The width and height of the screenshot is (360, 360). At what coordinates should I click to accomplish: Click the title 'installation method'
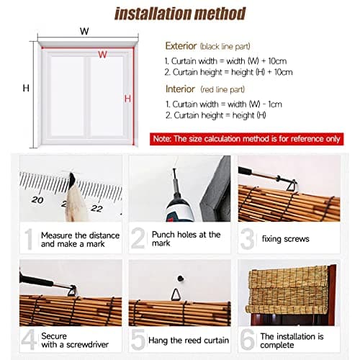180,13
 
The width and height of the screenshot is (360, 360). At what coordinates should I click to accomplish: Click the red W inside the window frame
103,54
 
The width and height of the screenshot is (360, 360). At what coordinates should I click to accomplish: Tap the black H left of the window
26,89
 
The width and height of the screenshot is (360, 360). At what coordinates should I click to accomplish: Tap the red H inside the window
127,99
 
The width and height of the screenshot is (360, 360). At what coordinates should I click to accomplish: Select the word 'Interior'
181,89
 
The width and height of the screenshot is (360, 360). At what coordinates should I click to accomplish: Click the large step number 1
29,240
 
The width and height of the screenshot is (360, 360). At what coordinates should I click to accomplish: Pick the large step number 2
139,240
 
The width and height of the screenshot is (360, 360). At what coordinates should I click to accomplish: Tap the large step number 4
29,338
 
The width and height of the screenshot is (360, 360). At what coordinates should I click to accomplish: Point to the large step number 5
138,339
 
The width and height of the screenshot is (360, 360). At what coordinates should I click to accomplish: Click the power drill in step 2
176,204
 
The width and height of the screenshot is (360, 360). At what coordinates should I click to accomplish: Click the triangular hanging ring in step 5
177,293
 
